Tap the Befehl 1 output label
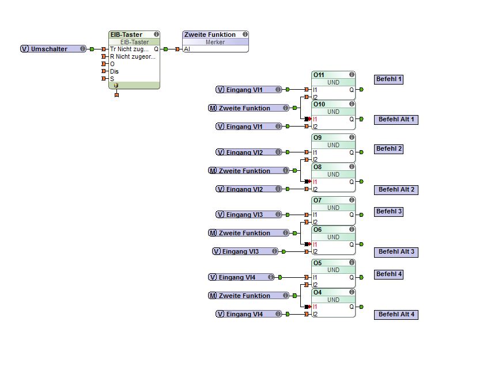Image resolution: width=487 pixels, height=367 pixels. tap(388, 79)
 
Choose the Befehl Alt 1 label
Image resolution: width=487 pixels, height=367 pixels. tap(397, 120)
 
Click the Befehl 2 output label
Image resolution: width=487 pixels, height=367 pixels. tap(388, 149)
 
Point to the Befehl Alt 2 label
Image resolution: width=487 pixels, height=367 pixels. tap(397, 189)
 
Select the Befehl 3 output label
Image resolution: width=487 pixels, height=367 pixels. tap(388, 212)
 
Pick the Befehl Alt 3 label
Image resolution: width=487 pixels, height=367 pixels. tap(397, 252)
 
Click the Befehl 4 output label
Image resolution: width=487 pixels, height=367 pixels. tap(388, 274)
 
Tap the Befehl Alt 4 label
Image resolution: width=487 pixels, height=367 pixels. tap(397, 315)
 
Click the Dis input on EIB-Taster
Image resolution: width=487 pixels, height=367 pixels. tap(114, 71)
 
